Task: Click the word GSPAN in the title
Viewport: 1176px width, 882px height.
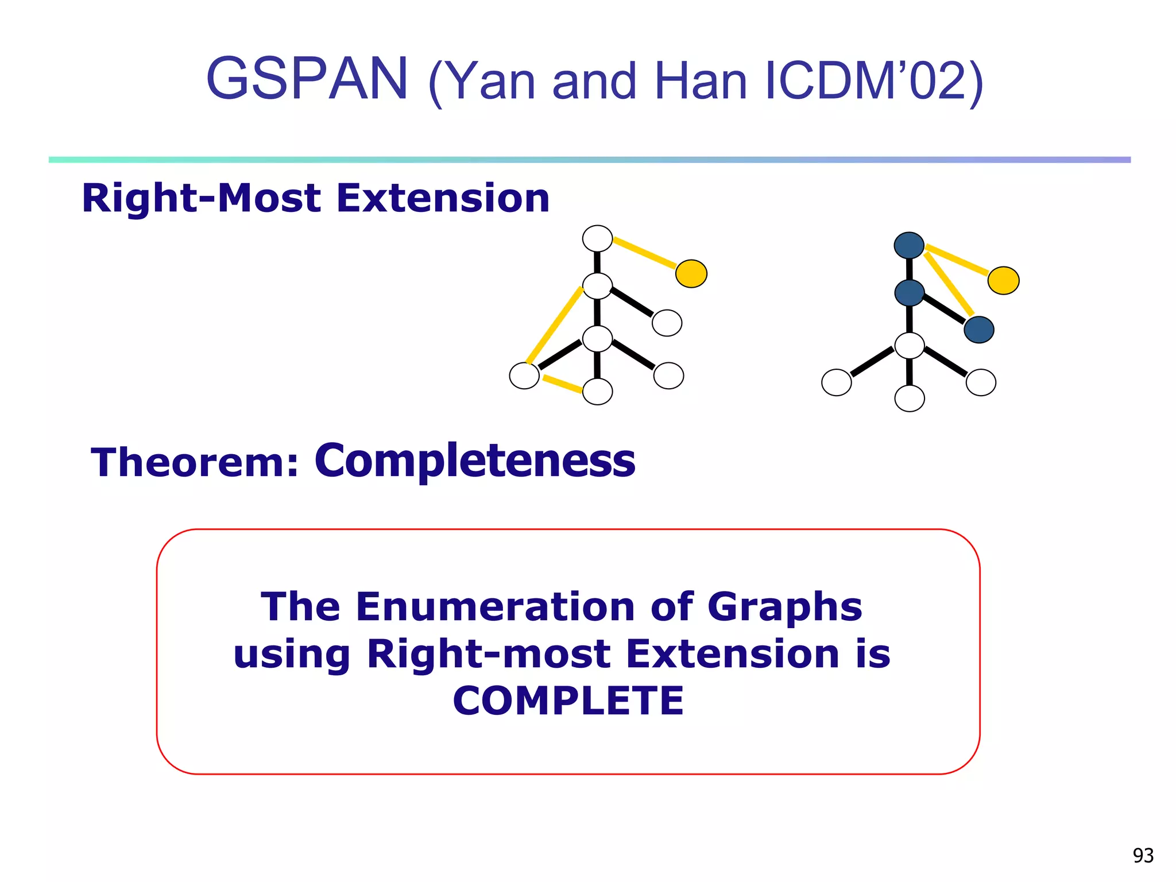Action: pyautogui.click(x=307, y=79)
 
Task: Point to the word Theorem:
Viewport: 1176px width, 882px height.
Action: pyautogui.click(x=195, y=463)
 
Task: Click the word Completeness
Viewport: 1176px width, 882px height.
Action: pyautogui.click(x=475, y=461)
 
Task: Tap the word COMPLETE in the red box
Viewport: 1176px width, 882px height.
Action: pyautogui.click(x=568, y=701)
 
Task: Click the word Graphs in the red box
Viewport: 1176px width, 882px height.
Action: pyautogui.click(x=784, y=607)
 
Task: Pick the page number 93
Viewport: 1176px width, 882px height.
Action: pyautogui.click(x=1143, y=856)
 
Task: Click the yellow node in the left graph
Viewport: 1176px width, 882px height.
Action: pyautogui.click(x=691, y=273)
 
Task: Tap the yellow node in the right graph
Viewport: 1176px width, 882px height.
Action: pyautogui.click(x=1003, y=281)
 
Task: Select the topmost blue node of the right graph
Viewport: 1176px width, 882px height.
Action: pyautogui.click(x=909, y=246)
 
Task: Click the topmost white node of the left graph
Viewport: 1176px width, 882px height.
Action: pyautogui.click(x=597, y=238)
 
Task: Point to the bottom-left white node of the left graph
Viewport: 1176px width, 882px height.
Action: pyautogui.click(x=524, y=376)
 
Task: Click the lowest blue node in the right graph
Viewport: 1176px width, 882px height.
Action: pyautogui.click(x=978, y=330)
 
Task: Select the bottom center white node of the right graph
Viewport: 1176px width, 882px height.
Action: pyautogui.click(x=910, y=399)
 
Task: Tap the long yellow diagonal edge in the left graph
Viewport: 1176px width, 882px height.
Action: pyautogui.click(x=555, y=326)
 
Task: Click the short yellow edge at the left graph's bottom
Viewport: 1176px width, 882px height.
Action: pyautogui.click(x=562, y=384)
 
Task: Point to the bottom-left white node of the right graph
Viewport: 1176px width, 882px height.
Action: pyautogui.click(x=836, y=382)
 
